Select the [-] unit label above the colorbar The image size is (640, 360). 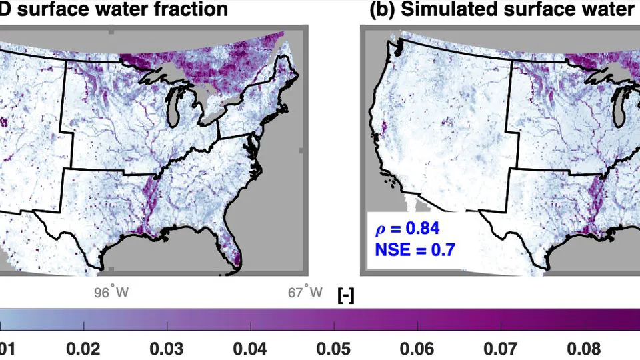click(346, 295)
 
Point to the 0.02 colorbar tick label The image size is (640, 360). click(83, 349)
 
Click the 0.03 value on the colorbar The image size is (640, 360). click(167, 349)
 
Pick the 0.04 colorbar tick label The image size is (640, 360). click(251, 349)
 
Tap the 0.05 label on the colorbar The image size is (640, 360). click(334, 349)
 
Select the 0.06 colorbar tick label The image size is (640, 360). click(417, 349)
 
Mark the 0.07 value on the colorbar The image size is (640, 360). click(501, 349)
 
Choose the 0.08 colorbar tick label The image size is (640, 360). click(584, 349)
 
